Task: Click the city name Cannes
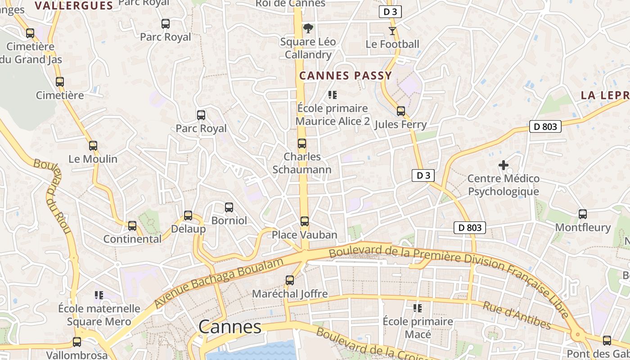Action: tap(229, 327)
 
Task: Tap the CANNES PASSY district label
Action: tap(346, 76)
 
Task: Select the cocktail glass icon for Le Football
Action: tap(392, 31)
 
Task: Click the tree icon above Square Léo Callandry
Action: tap(308, 29)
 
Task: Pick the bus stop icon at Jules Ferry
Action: tap(400, 111)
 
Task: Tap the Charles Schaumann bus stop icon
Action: tap(301, 144)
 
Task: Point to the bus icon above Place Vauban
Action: tap(305, 221)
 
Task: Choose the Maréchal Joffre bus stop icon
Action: tap(290, 281)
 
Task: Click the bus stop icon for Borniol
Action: tap(229, 207)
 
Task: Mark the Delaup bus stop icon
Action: tap(188, 216)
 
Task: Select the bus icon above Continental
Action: tap(132, 226)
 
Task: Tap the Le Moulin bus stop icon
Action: tap(93, 146)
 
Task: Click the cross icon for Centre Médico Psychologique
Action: tap(503, 166)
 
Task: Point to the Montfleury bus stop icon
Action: tap(583, 214)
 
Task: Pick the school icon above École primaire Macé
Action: tap(418, 308)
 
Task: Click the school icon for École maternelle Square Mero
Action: tap(99, 296)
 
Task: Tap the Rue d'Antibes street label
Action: tap(517, 315)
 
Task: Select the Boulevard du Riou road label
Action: tap(53, 196)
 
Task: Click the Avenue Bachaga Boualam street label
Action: tap(220, 283)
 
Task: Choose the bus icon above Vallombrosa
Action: tap(77, 342)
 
